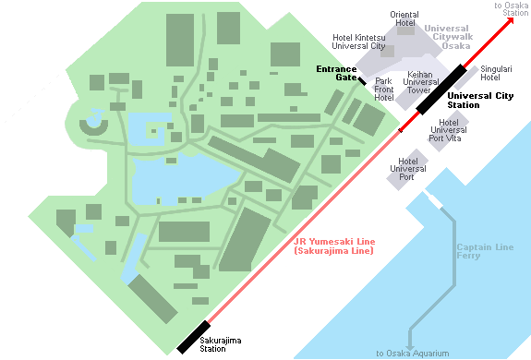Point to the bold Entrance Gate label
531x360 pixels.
click(338, 74)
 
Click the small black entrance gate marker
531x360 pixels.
click(362, 82)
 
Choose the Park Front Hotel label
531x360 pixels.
click(384, 90)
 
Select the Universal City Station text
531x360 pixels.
click(477, 100)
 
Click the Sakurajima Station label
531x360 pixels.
click(222, 345)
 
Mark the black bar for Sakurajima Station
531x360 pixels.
click(194, 337)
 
